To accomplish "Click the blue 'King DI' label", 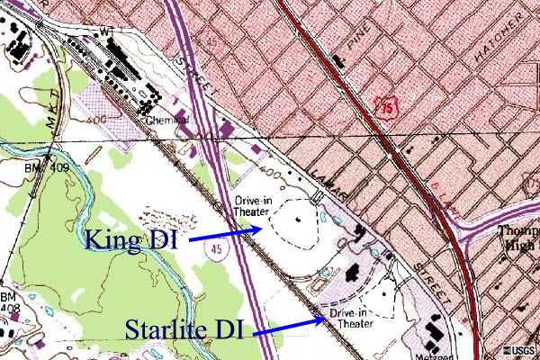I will [x=131, y=240].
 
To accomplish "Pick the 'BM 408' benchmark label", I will [x=9, y=302].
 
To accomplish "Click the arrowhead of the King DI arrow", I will [x=260, y=229].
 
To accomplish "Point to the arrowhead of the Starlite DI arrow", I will [x=323, y=318].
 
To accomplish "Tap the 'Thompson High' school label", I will [x=517, y=236].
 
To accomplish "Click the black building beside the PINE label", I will [x=337, y=60].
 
